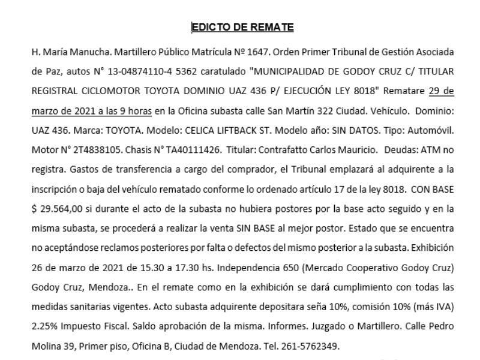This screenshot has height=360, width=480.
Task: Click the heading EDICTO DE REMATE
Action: (x=242, y=27)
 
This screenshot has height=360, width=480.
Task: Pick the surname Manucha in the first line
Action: (x=75, y=52)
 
